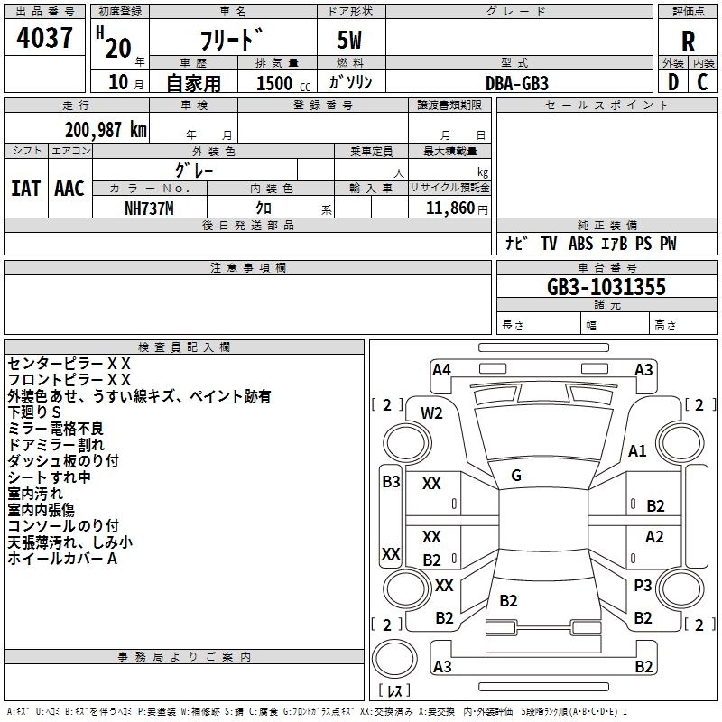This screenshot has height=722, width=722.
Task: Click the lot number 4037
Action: (x=44, y=38)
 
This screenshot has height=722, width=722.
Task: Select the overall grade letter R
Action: (x=688, y=42)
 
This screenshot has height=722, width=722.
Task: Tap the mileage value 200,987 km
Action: (x=106, y=130)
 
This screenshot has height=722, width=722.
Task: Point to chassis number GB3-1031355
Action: (x=606, y=287)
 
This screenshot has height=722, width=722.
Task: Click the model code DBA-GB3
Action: (x=516, y=83)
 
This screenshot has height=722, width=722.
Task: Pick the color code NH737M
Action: (x=149, y=208)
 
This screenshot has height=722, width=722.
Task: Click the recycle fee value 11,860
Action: (x=449, y=208)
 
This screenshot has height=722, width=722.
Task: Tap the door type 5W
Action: (x=349, y=40)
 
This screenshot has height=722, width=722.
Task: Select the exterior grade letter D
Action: (x=673, y=82)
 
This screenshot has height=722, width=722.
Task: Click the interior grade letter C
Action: (x=702, y=82)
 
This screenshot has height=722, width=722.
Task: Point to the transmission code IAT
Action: (x=26, y=189)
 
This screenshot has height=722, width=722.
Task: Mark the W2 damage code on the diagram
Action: (x=431, y=413)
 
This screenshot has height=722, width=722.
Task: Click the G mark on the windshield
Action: (x=516, y=476)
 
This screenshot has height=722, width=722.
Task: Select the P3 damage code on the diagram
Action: (x=643, y=585)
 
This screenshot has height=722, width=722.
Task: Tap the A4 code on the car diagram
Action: (x=441, y=370)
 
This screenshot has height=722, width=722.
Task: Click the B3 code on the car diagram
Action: (x=391, y=482)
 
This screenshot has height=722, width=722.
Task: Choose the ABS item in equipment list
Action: (x=580, y=244)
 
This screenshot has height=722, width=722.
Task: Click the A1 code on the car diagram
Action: (x=637, y=450)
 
